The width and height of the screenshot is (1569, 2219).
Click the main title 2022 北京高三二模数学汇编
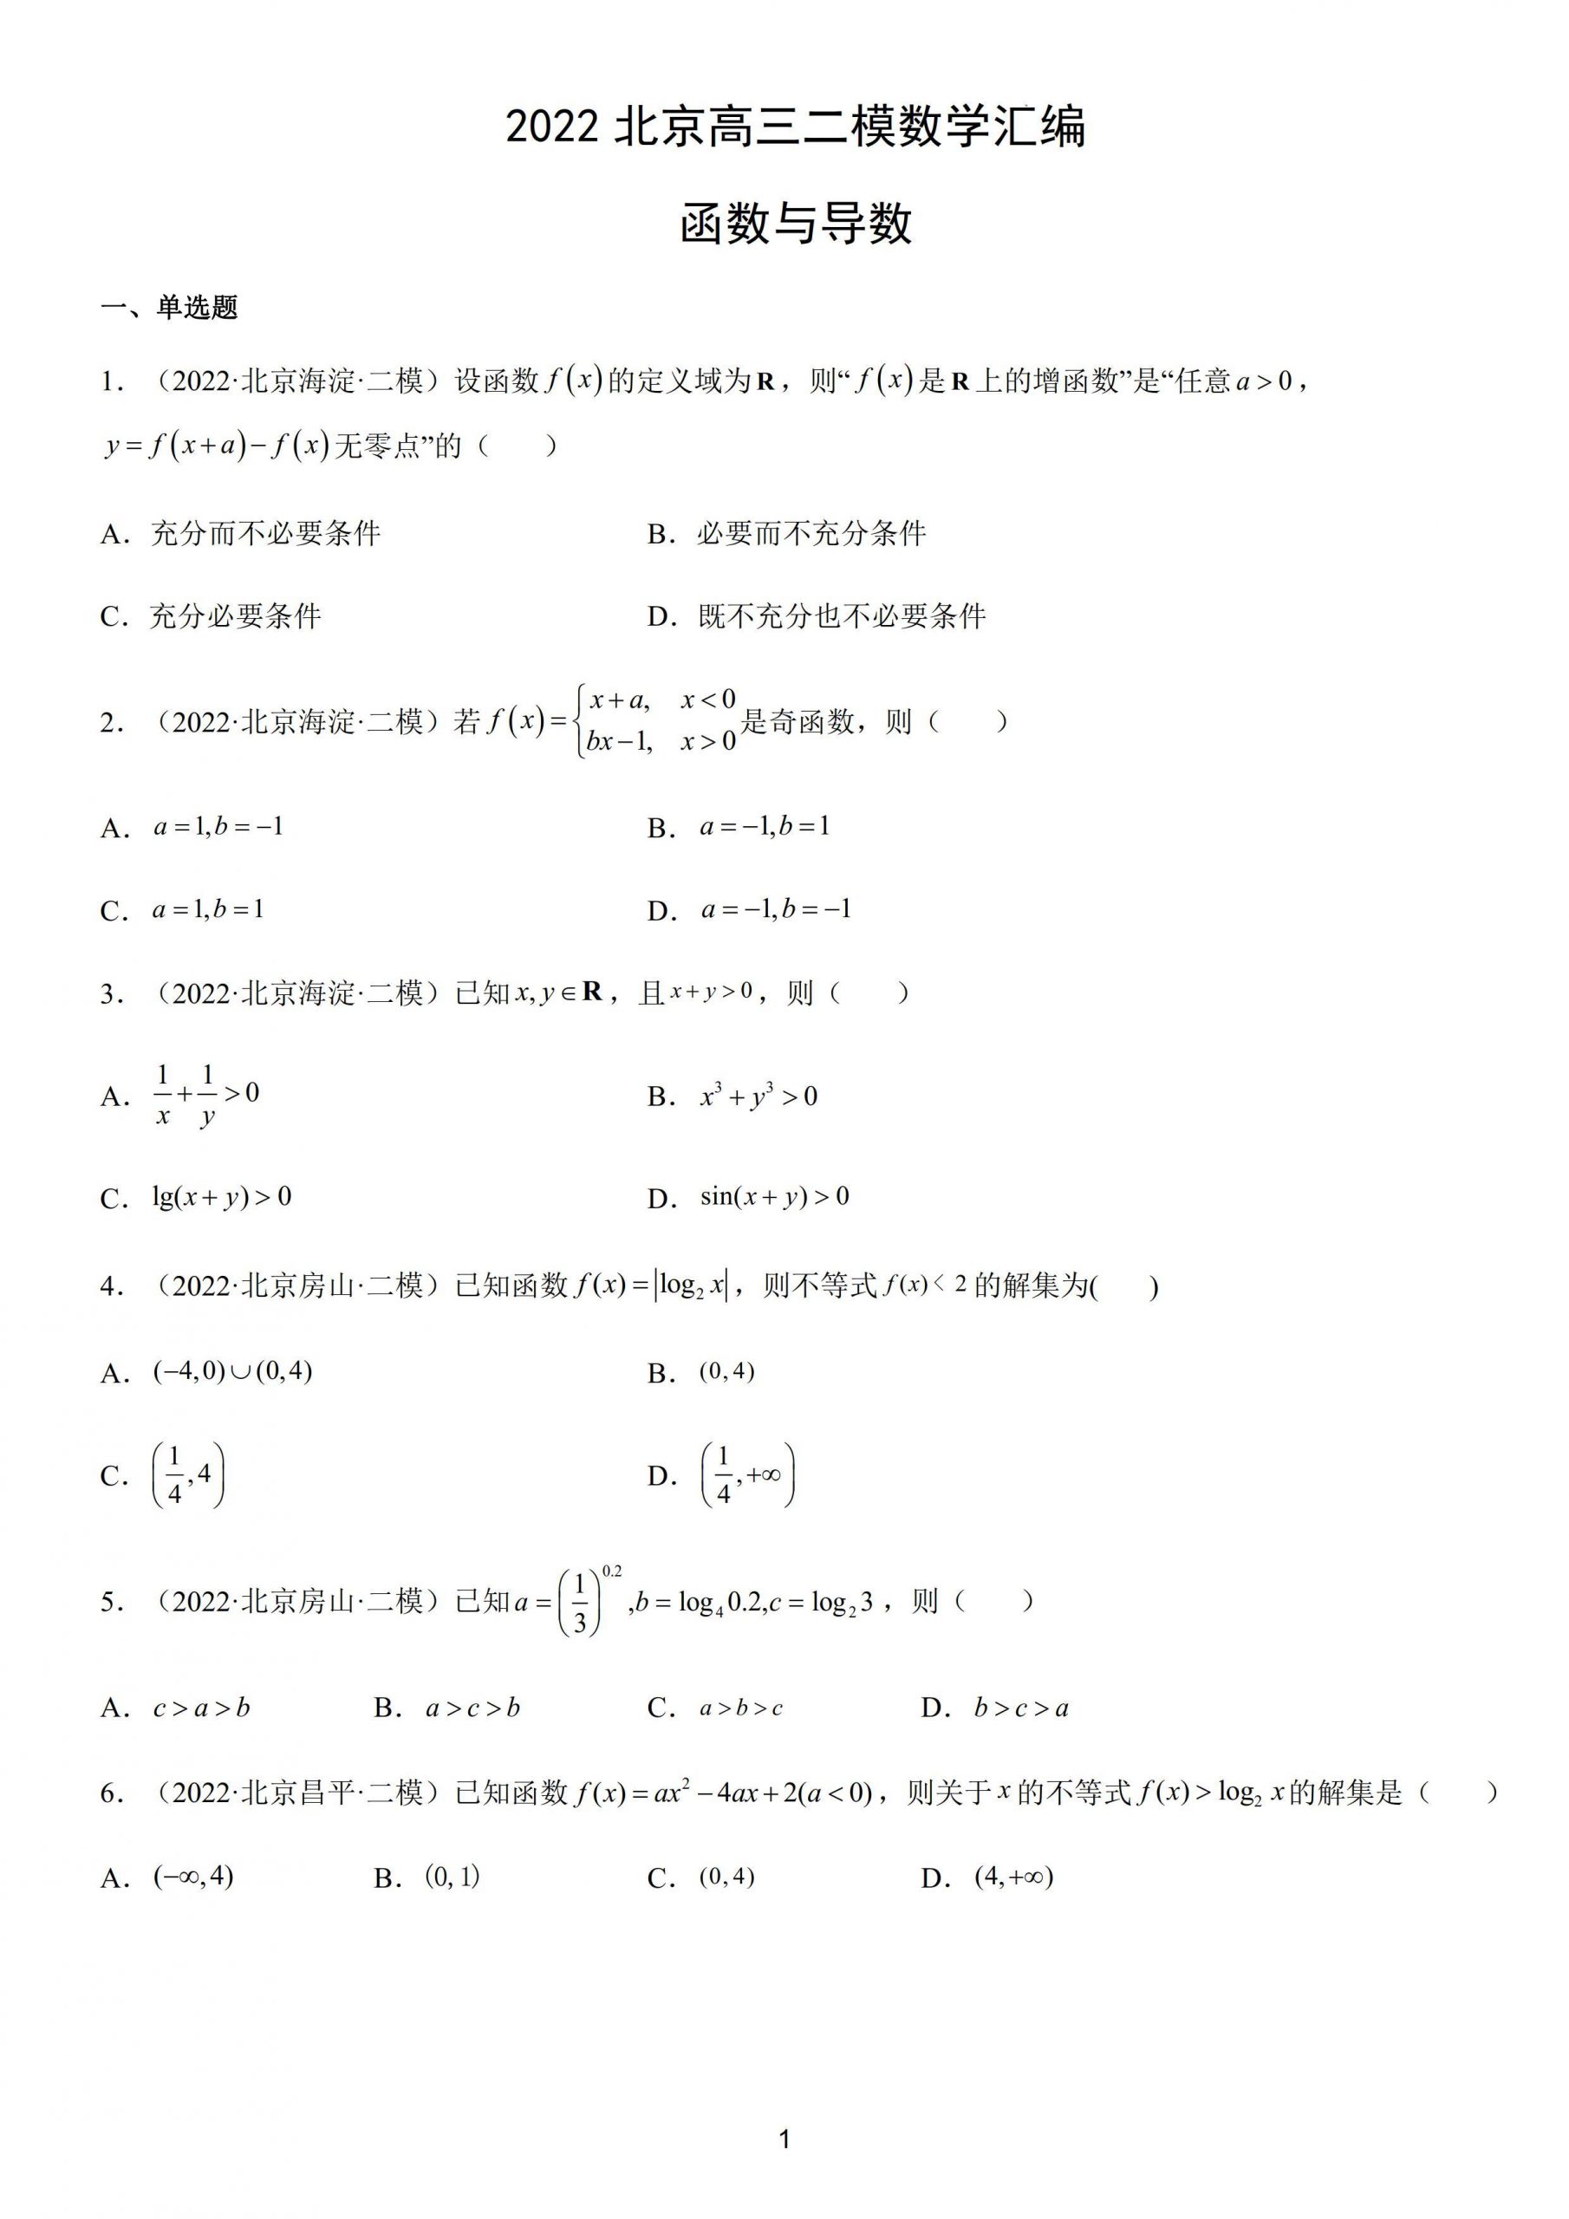pos(795,127)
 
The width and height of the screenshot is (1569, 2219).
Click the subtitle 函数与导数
pos(795,225)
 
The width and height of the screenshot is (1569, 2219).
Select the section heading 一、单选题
pos(169,308)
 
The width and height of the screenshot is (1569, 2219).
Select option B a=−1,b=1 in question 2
pos(764,827)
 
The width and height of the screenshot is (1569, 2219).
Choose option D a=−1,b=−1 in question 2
pos(775,909)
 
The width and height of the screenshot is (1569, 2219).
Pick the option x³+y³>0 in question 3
pos(758,1096)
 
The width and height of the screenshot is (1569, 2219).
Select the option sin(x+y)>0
pos(774,1197)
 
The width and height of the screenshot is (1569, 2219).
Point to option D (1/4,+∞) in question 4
pos(746,1476)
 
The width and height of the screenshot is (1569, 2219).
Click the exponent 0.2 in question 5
pos(612,1572)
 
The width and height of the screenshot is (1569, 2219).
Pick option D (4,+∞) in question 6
pos(1013,1877)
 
